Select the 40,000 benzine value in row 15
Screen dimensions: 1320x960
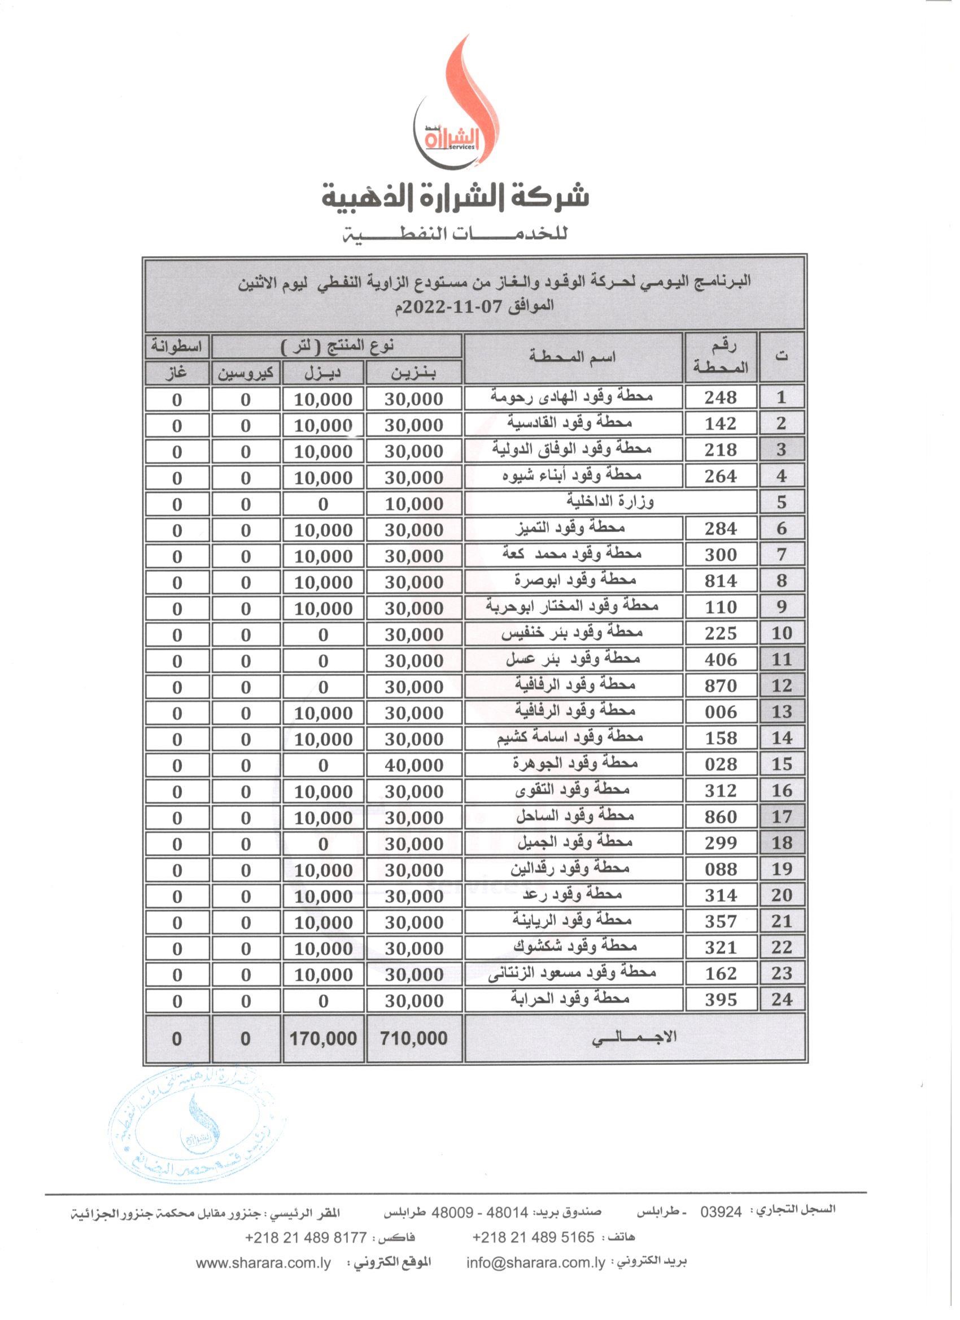click(414, 765)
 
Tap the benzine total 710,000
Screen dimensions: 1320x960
click(414, 1039)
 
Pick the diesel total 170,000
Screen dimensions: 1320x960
click(323, 1039)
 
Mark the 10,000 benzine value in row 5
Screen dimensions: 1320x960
click(414, 504)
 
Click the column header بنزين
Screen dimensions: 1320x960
click(414, 373)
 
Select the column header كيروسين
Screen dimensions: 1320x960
click(246, 373)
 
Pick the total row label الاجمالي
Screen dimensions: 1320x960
click(635, 1038)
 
